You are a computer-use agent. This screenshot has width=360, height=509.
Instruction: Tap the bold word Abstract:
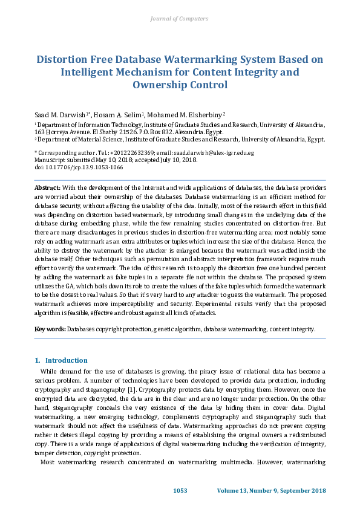(x=47, y=189)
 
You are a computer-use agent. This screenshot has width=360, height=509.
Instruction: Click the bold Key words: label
(x=50, y=329)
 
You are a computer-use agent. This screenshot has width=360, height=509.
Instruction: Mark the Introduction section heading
(x=67, y=360)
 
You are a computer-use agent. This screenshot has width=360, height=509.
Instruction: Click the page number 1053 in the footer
(x=180, y=490)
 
